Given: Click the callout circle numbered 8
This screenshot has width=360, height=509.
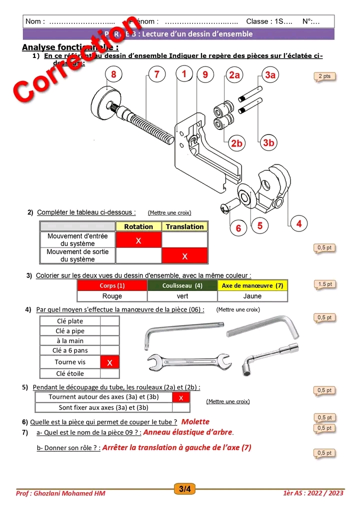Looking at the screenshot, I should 114,75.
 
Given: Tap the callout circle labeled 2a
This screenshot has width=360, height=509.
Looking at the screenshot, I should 234,75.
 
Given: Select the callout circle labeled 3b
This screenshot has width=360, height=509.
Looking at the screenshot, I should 268,142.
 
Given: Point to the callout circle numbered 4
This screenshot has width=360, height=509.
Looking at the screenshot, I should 298,223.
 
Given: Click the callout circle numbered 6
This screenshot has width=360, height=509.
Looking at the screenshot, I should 238,228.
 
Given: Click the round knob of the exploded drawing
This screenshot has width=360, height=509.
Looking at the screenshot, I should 108,100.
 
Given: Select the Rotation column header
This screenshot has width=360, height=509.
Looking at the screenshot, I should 138,226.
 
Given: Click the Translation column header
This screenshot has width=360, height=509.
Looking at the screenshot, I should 184,226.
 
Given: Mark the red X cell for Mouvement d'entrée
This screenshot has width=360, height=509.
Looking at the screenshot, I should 138,240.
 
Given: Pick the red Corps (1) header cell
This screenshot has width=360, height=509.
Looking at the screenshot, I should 112,285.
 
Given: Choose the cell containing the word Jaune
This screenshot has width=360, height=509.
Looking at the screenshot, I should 252,296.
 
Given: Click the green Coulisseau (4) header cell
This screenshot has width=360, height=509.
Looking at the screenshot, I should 182,285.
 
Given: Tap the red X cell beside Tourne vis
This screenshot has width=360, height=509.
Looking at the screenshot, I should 110,362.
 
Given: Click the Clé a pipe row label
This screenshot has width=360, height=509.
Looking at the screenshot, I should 70,331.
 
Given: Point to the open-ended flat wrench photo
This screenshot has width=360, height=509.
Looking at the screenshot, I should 189,360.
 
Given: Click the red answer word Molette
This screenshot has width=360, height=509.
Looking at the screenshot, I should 195,421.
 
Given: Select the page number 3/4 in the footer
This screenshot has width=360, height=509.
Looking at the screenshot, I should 184,489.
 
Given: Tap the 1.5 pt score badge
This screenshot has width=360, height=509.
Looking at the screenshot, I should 324,284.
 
